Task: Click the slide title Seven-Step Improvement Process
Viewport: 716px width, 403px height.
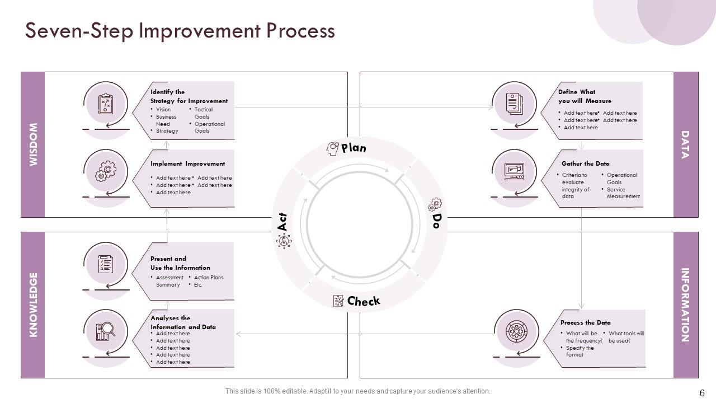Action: (x=180, y=30)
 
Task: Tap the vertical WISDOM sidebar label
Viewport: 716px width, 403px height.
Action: (x=33, y=144)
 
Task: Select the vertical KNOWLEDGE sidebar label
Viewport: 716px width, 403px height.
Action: (x=33, y=305)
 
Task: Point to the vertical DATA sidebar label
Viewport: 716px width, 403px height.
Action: (x=685, y=144)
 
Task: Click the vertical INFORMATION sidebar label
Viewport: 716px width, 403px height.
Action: (x=685, y=305)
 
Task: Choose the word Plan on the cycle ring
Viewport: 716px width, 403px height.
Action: (x=354, y=148)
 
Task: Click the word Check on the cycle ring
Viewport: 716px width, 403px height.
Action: (x=363, y=301)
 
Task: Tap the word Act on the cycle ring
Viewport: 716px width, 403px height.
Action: (x=282, y=222)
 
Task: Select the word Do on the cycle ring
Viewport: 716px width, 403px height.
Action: (x=437, y=221)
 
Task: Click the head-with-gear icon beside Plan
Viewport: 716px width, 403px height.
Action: (x=333, y=148)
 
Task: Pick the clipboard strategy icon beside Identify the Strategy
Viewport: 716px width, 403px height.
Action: (x=106, y=104)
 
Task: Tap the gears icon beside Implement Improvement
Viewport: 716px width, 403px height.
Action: (x=106, y=171)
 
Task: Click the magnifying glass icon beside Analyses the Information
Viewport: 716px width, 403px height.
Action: (x=105, y=331)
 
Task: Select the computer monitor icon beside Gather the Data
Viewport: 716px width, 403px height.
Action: (x=514, y=171)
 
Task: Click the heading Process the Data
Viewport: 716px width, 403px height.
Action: (x=585, y=322)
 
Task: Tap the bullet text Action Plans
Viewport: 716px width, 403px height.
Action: (x=208, y=278)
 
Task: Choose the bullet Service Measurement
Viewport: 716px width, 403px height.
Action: (x=623, y=193)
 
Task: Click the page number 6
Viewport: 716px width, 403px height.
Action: (x=702, y=392)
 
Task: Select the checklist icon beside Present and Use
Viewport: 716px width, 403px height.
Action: (x=105, y=264)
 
